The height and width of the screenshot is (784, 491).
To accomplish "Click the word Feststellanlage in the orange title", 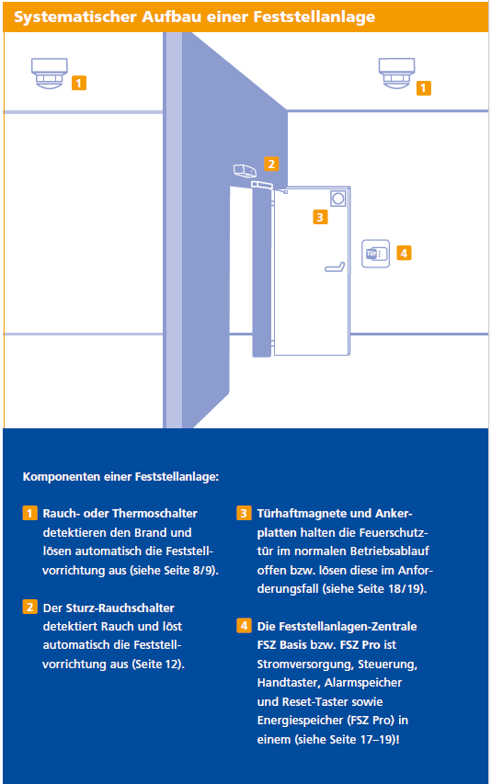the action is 314,17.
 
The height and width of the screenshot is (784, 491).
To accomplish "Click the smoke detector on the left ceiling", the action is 50,73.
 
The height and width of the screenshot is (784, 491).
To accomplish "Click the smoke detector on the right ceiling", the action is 396,73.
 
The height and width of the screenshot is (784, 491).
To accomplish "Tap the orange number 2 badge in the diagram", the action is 271,164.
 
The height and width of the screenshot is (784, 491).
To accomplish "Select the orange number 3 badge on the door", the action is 320,217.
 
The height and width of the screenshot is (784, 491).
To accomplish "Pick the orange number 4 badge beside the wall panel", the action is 404,253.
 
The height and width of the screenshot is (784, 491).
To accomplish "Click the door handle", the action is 335,267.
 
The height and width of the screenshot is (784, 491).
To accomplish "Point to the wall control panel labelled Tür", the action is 375,254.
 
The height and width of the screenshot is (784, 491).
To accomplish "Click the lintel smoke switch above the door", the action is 245,171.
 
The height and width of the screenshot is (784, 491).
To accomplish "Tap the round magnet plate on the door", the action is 338,199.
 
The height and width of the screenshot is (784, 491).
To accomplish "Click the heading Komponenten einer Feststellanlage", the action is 120,476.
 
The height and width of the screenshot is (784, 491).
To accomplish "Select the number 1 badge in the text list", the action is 30,513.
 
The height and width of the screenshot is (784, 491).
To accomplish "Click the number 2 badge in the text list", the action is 30,607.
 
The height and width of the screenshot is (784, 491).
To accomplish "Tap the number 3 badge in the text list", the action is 244,513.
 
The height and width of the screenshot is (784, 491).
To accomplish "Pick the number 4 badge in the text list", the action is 244,626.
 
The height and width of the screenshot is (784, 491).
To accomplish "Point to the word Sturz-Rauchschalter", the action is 120,608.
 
